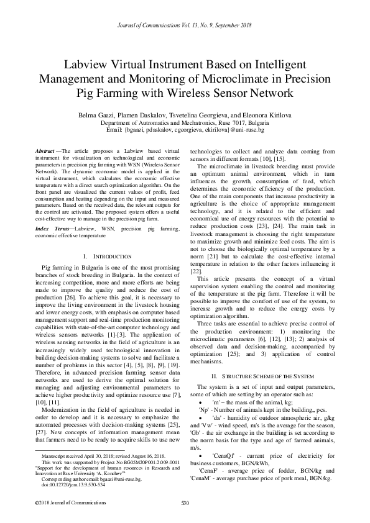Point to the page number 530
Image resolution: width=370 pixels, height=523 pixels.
pyautogui.click(x=184, y=501)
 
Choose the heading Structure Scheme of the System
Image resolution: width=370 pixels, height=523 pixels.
pyautogui.click(x=259, y=376)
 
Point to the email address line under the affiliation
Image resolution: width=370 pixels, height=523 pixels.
pyautogui.click(x=185, y=130)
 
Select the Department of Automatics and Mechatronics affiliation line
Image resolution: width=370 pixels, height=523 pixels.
pyautogui.click(x=185, y=123)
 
